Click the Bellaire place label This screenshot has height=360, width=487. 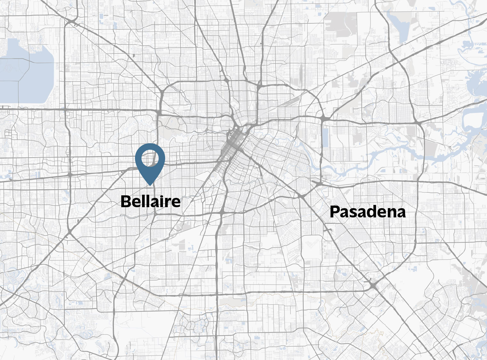[150, 201]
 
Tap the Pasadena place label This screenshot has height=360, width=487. [368, 212]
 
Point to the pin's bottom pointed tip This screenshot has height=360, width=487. [150, 185]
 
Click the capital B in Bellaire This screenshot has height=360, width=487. [126, 201]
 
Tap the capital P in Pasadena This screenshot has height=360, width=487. [335, 212]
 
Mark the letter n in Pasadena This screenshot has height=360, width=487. [392, 213]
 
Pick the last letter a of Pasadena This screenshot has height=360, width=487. [401, 213]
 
